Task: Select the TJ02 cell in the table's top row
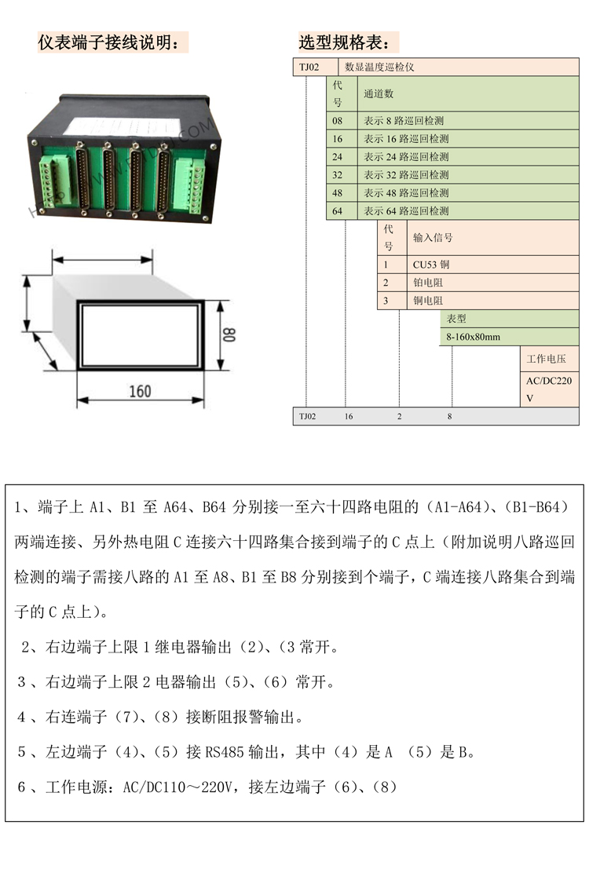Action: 309,67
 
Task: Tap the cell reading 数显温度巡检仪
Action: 379,67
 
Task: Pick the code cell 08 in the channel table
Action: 338,121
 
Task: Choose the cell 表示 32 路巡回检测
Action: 406,175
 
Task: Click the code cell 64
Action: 338,211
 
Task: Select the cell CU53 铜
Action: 431,265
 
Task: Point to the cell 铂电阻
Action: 428,283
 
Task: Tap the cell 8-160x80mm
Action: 473,337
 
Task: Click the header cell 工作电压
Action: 546,359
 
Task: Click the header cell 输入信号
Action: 433,237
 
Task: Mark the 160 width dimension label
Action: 140,391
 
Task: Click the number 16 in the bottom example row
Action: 349,417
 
